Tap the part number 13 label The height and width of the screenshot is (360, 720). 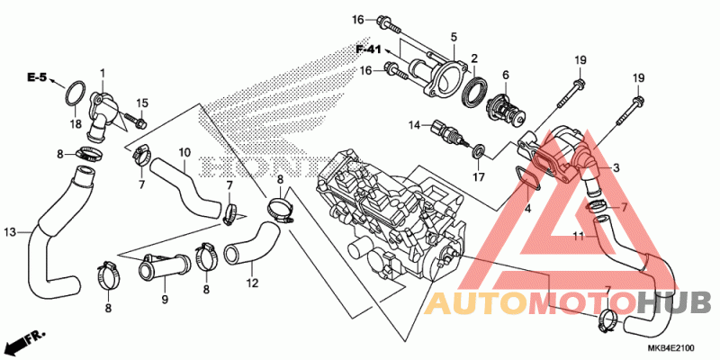(10, 233)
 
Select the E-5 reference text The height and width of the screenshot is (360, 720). (37, 78)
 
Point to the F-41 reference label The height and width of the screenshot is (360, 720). (369, 49)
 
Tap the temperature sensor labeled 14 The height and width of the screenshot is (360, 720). (449, 133)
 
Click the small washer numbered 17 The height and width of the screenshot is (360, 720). (479, 150)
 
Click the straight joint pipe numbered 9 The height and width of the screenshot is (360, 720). (165, 267)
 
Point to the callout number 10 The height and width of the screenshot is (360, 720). (184, 151)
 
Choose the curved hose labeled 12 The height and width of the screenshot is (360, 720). (252, 243)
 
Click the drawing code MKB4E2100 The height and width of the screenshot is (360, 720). (671, 347)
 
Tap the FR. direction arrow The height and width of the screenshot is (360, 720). (26, 340)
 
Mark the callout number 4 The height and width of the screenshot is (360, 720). (527, 209)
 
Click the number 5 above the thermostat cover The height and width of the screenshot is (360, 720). (454, 38)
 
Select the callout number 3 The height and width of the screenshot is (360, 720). (616, 168)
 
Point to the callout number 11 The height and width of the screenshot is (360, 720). (579, 236)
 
